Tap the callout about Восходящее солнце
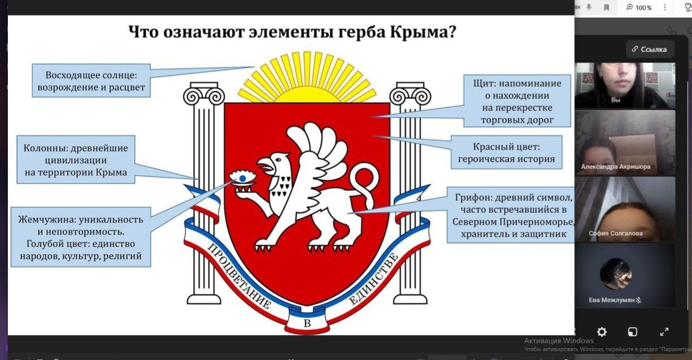(x=92, y=81)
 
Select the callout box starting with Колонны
(x=76, y=160)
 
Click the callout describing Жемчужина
(x=81, y=237)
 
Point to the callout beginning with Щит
(x=517, y=101)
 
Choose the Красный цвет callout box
(x=506, y=153)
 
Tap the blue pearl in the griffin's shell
(x=242, y=178)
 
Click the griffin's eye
(x=278, y=160)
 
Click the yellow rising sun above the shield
(x=307, y=77)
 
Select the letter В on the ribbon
(x=307, y=323)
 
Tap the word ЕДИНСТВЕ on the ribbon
(x=373, y=278)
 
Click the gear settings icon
(x=602, y=332)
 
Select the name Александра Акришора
(x=615, y=167)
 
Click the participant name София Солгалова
(x=615, y=233)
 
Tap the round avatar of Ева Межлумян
(x=615, y=274)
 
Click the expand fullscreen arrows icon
(x=664, y=332)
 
